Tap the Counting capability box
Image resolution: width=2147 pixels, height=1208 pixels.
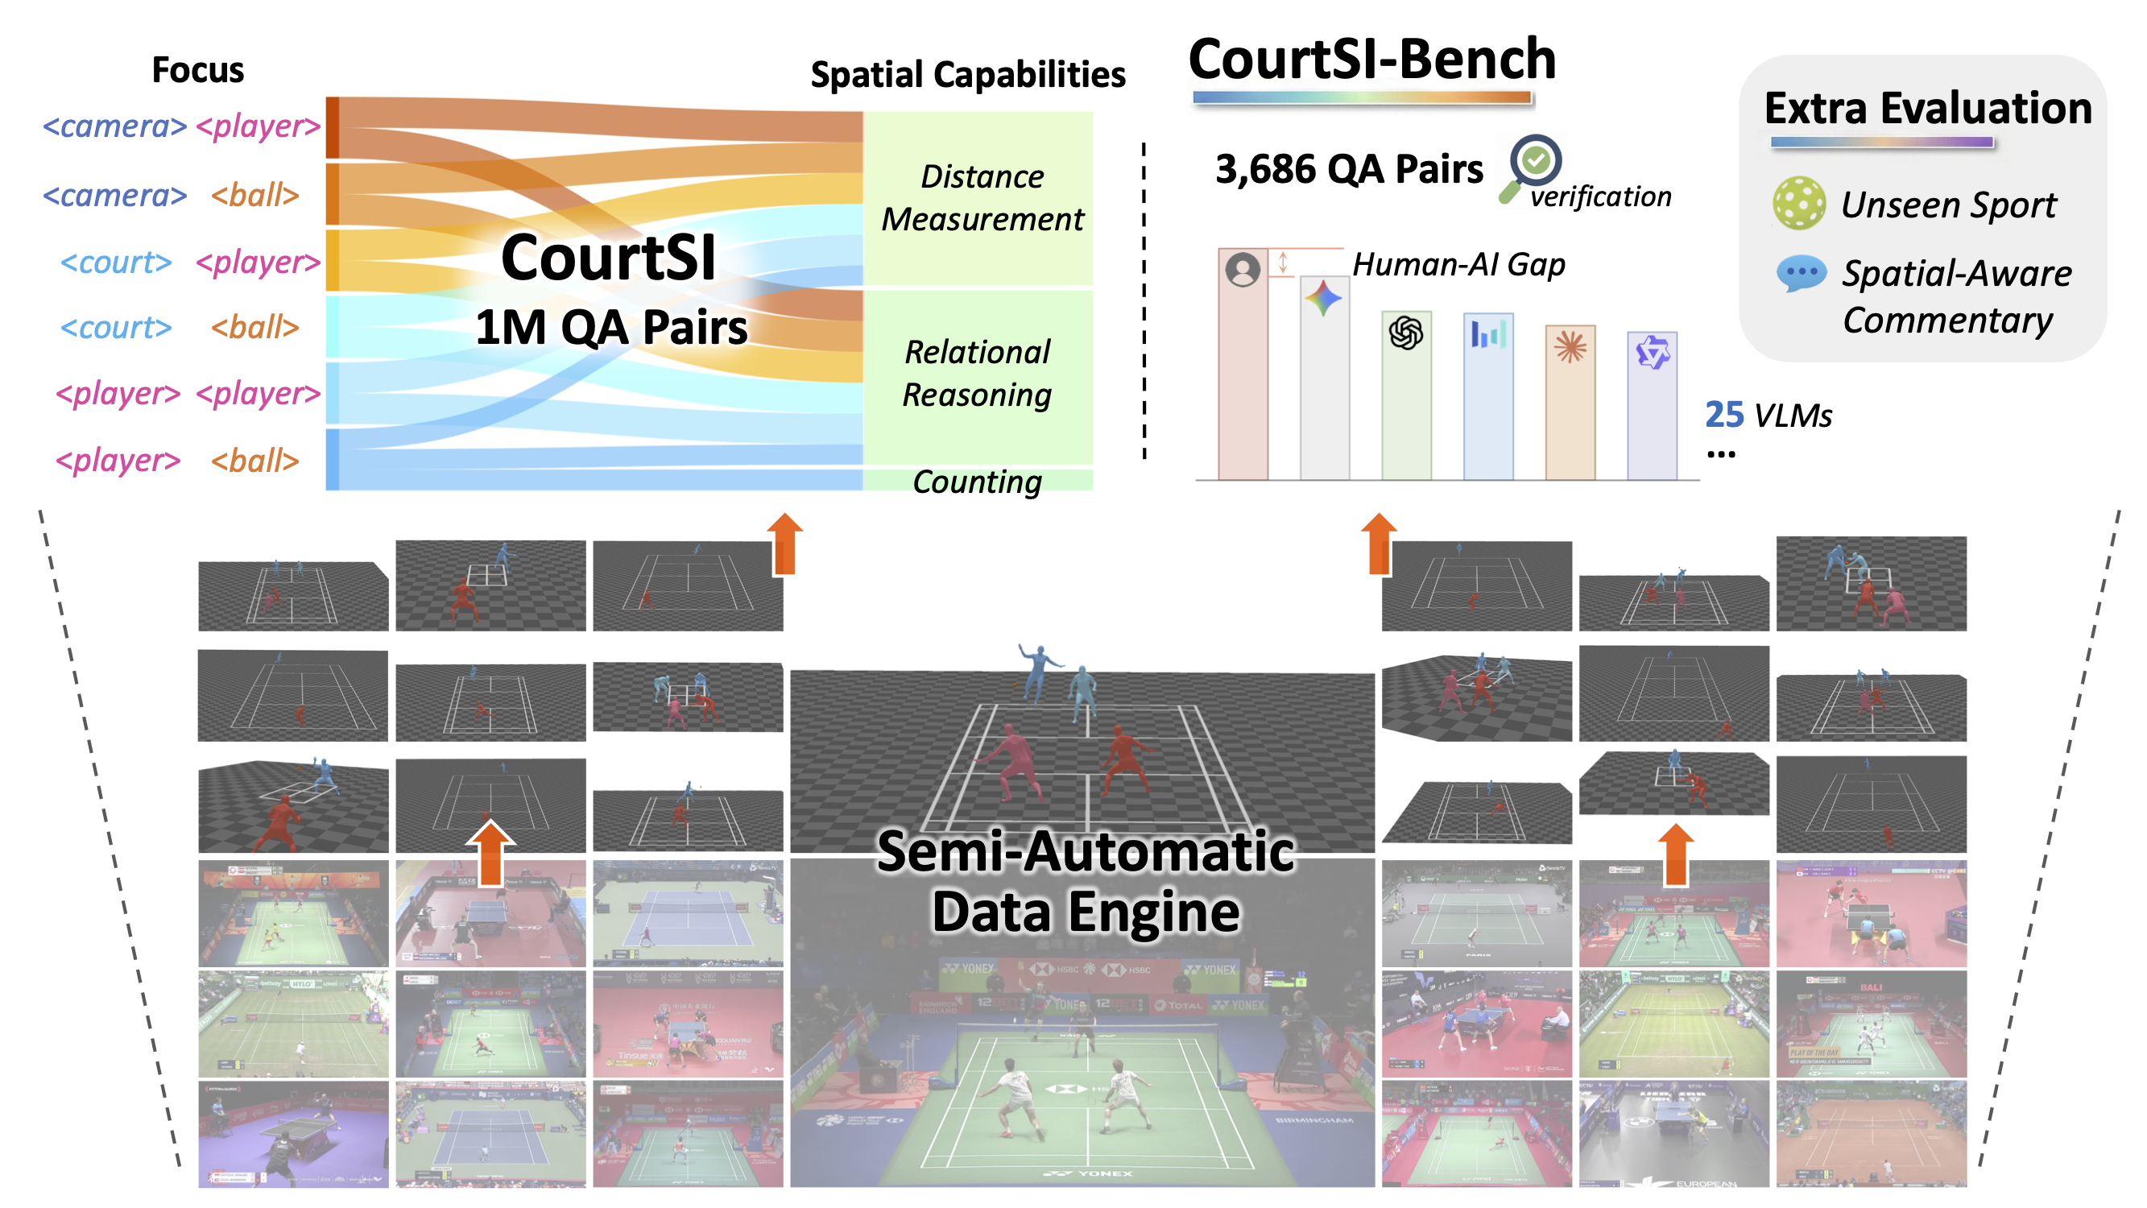coord(977,481)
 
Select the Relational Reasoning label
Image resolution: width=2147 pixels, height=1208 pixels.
coord(977,373)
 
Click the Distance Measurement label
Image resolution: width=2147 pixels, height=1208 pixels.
coord(982,197)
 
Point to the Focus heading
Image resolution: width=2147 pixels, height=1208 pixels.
coord(197,70)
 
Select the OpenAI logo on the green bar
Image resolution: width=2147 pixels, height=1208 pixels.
coord(1405,333)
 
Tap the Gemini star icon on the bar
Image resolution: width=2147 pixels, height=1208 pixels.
coord(1322,299)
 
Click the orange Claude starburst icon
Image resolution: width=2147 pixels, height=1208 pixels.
coord(1570,347)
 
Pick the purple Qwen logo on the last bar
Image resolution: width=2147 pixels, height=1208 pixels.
coord(1651,353)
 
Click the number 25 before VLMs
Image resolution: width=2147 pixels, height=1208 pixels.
coord(1723,414)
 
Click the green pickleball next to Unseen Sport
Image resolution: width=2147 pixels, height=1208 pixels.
coord(1798,203)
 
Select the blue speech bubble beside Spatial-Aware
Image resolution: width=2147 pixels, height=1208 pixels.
coord(1800,274)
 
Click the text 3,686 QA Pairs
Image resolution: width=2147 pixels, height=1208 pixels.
coord(1349,169)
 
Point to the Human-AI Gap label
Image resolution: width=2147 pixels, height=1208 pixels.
coord(1458,264)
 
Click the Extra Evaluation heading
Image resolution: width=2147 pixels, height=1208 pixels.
coord(1927,109)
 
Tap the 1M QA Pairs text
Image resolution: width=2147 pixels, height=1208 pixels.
coord(611,327)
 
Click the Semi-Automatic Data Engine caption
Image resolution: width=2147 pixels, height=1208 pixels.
coord(1085,881)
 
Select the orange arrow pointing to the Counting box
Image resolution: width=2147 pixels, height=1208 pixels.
coord(784,544)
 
